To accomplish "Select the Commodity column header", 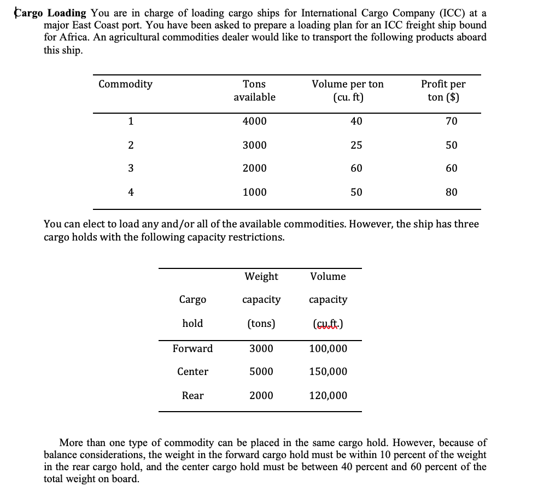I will click(125, 84).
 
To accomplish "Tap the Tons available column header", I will click(254, 91).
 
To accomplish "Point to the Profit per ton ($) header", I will click(443, 91).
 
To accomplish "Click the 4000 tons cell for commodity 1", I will click(254, 121).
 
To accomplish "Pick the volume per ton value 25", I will click(356, 145).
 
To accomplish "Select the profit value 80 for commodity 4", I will click(451, 192).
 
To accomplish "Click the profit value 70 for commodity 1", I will click(451, 121).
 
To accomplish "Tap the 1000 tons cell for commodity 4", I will click(254, 192).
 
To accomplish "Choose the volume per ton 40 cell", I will click(356, 121).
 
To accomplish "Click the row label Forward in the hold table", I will click(192, 349).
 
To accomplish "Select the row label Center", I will click(192, 372).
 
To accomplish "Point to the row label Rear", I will click(192, 396).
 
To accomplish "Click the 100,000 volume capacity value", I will click(328, 349).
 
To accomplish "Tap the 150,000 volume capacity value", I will click(328, 372).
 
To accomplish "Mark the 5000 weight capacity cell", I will click(261, 372).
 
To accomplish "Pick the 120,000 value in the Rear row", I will click(328, 396).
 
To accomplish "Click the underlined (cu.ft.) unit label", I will click(328, 324).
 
